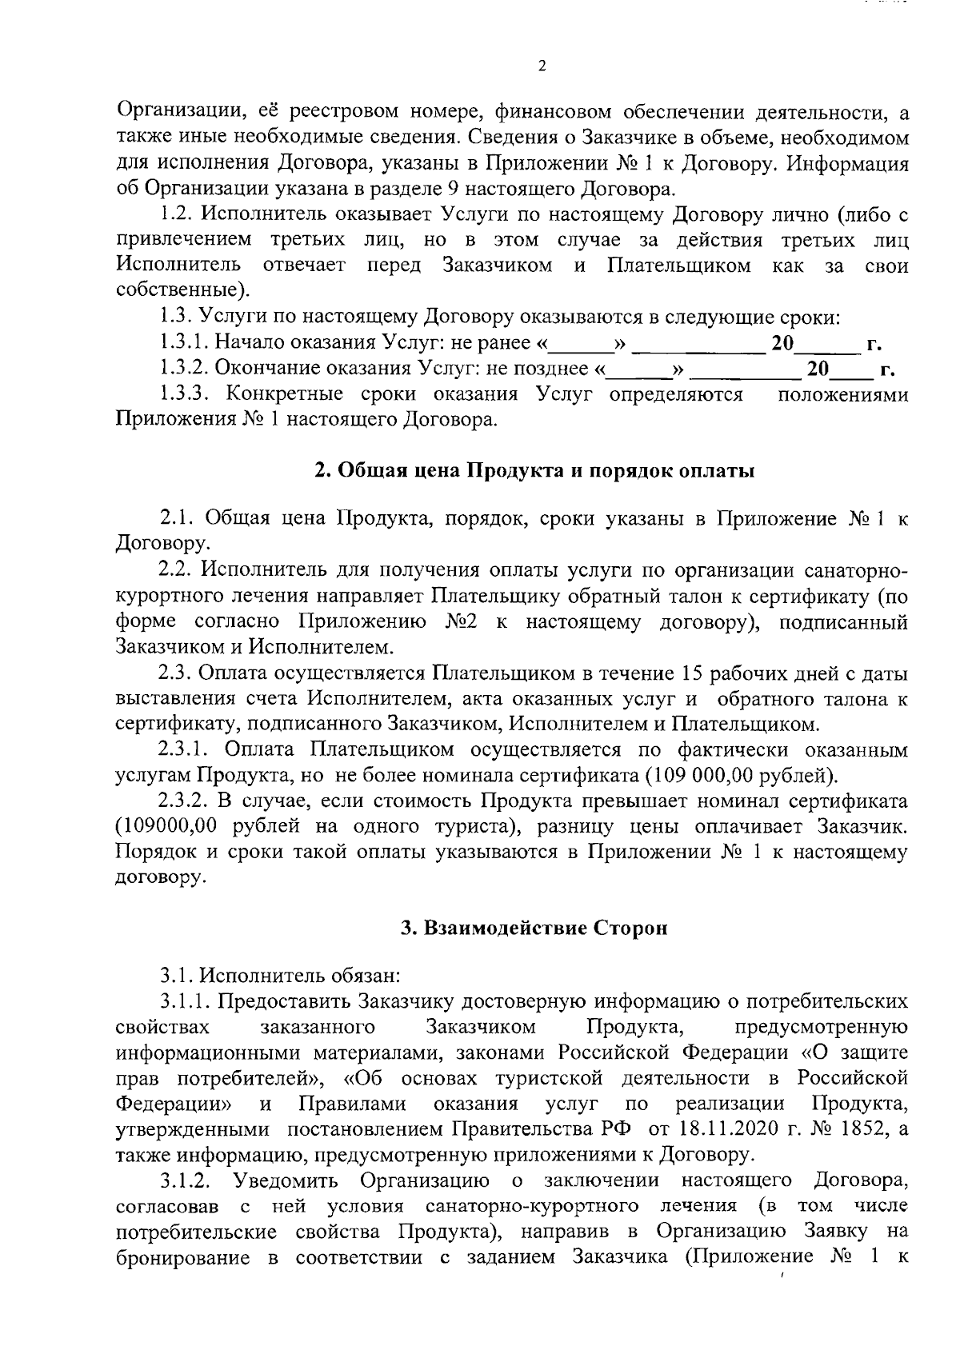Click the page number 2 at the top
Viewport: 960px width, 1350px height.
[x=542, y=66]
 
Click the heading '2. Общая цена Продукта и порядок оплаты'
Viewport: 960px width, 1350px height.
[x=534, y=470]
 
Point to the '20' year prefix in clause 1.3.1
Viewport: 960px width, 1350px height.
[x=782, y=344]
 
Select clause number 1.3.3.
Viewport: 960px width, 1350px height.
[x=185, y=394]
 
